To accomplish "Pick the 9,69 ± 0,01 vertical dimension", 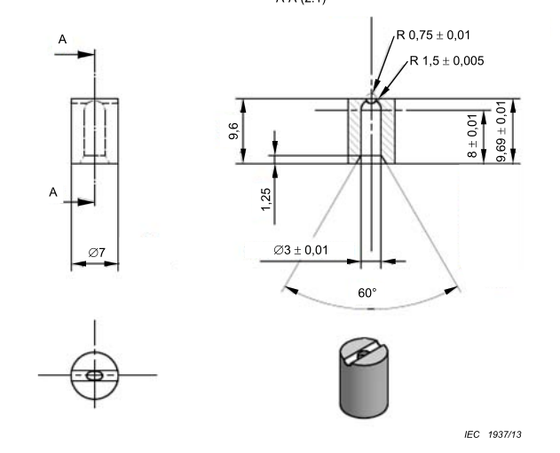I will (x=502, y=130).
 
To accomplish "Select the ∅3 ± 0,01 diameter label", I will (x=301, y=250).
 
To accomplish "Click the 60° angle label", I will (x=368, y=292).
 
